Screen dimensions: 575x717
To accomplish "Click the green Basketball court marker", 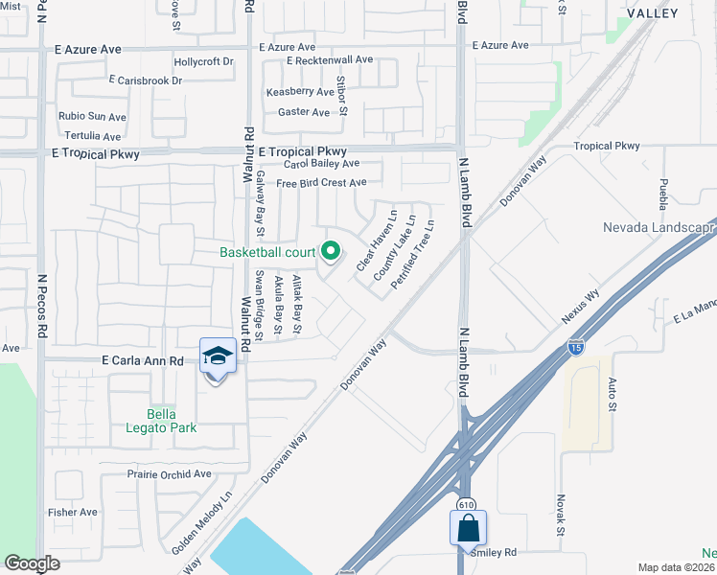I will tap(331, 252).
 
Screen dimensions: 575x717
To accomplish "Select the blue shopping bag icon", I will tap(468, 528).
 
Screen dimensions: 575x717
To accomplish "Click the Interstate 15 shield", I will tap(575, 347).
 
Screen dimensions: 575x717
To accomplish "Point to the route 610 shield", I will tap(464, 504).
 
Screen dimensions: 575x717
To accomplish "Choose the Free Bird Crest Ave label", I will tap(321, 183).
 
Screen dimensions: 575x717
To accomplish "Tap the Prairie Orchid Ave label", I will tap(169, 474).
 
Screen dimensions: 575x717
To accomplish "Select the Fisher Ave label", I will tap(73, 512).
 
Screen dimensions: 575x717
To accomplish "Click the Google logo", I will tap(32, 563).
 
